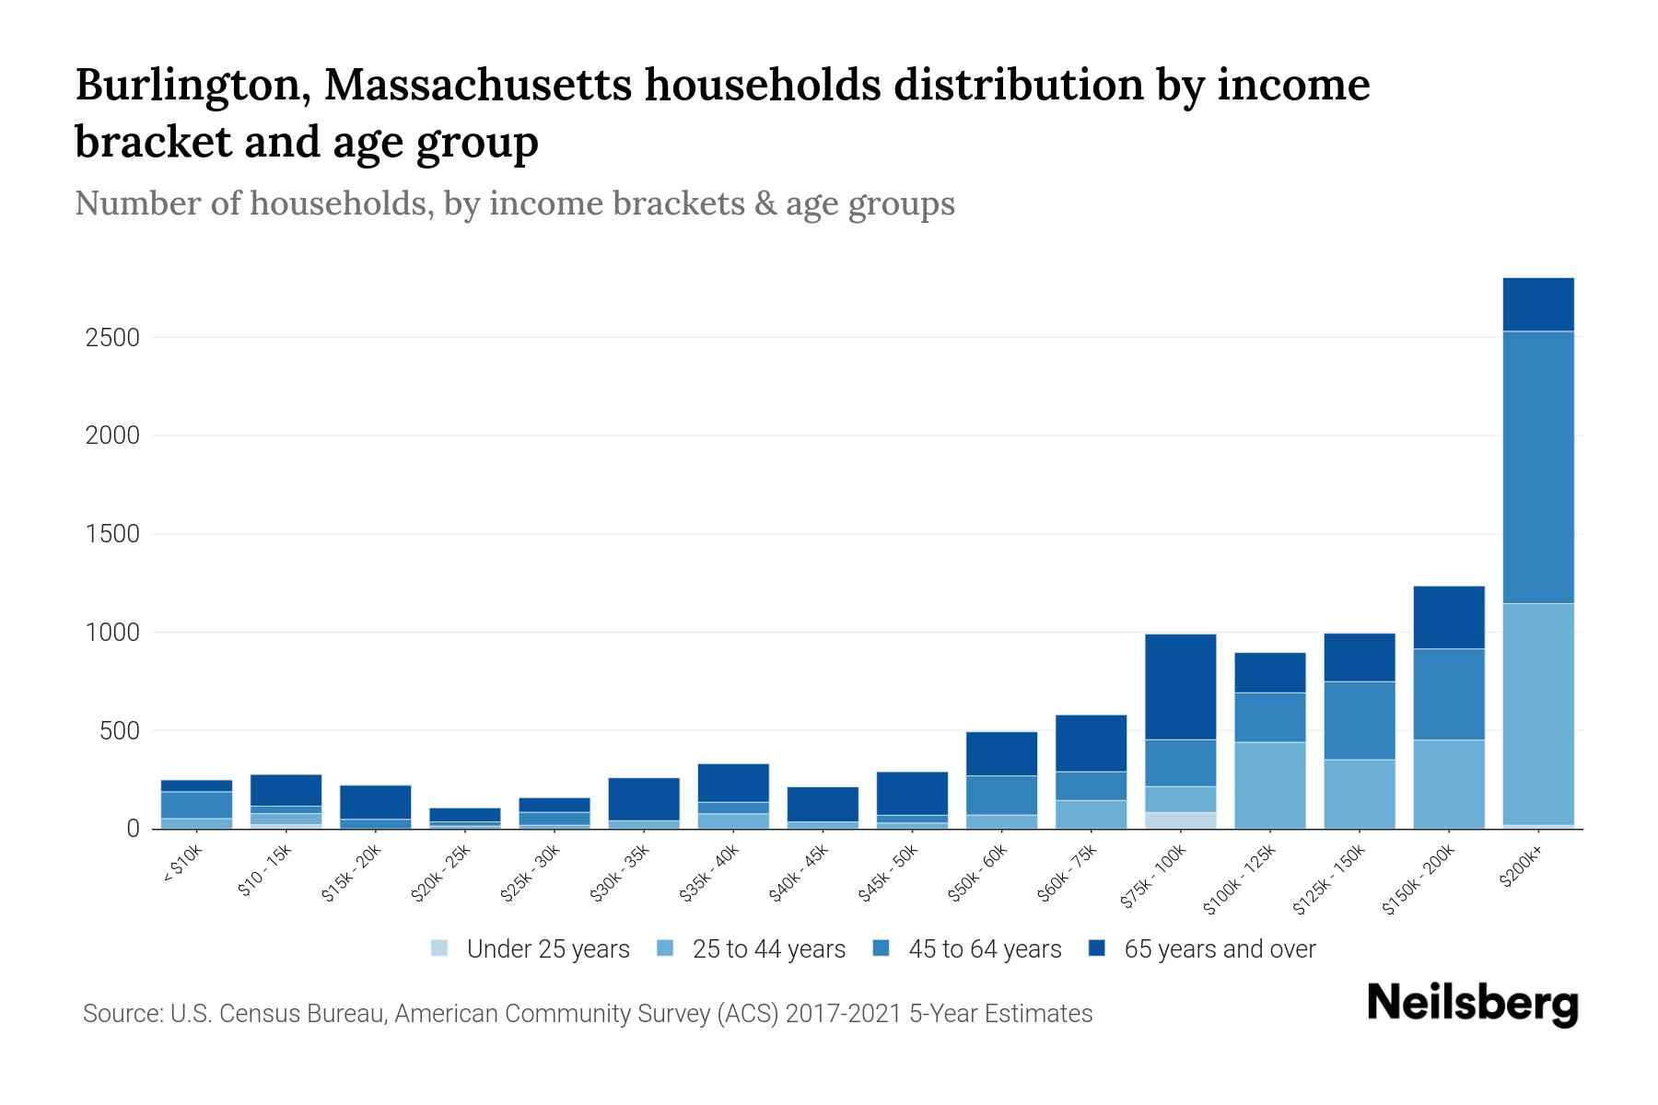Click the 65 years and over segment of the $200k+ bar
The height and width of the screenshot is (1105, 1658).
pyautogui.click(x=1538, y=305)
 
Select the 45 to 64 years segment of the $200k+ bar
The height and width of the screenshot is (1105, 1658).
pyautogui.click(x=1538, y=467)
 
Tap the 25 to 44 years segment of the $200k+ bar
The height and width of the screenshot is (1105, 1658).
pyautogui.click(x=1538, y=714)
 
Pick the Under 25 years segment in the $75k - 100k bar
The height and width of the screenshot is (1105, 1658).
pyautogui.click(x=1180, y=820)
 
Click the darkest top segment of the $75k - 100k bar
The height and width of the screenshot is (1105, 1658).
pyautogui.click(x=1180, y=687)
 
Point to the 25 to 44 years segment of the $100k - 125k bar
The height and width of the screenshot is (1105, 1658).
pyautogui.click(x=1270, y=785)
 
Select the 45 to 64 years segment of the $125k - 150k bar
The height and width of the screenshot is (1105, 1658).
pyautogui.click(x=1360, y=721)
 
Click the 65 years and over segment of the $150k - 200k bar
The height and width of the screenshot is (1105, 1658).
pyautogui.click(x=1449, y=618)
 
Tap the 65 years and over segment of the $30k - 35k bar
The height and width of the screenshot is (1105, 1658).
pyautogui.click(x=644, y=799)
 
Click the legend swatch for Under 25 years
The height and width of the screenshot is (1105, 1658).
pyautogui.click(x=440, y=948)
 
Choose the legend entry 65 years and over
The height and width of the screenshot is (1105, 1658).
pyautogui.click(x=1219, y=949)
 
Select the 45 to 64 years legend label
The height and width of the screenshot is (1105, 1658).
pyautogui.click(x=985, y=949)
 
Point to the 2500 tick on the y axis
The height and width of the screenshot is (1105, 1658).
pyautogui.click(x=112, y=338)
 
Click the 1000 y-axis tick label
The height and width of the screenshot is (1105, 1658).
pyautogui.click(x=112, y=633)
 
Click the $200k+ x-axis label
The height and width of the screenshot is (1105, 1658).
pyautogui.click(x=1520, y=868)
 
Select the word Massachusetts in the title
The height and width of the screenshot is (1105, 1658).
pyautogui.click(x=476, y=86)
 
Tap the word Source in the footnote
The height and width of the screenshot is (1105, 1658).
pyautogui.click(x=120, y=1014)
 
